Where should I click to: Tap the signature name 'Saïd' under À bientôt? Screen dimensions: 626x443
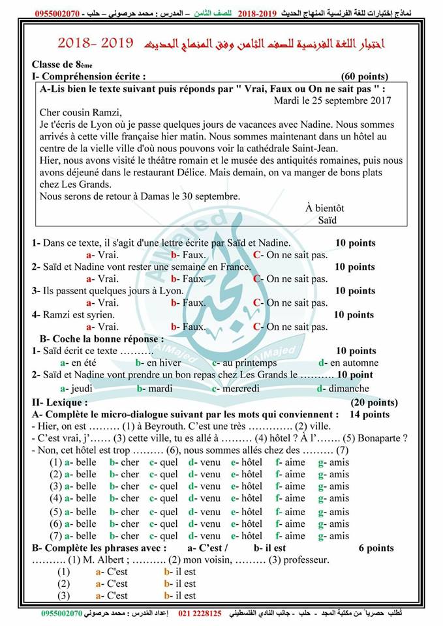click(328, 220)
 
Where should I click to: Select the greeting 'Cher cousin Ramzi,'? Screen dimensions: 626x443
click(81, 112)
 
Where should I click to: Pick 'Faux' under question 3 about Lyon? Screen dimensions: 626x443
click(189, 303)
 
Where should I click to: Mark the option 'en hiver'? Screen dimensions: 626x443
click(159, 363)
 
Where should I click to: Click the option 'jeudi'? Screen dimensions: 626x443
click(77, 388)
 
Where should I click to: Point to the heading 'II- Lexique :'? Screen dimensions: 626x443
click(60, 402)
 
